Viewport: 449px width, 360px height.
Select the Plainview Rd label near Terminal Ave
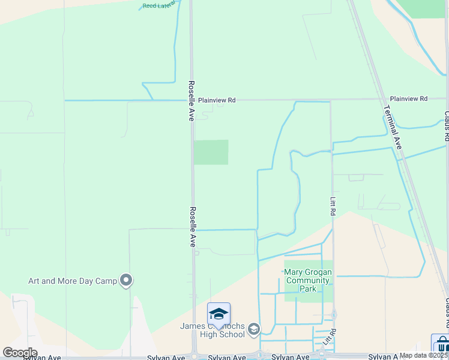pos(408,98)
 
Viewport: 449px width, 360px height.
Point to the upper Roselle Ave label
pos(191,101)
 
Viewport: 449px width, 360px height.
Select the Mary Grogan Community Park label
pos(307,280)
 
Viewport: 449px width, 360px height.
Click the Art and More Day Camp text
pos(73,281)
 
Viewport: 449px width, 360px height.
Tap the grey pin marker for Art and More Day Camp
pos(126,280)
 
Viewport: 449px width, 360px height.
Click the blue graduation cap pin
pos(218,314)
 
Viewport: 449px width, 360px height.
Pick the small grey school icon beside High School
pos(254,328)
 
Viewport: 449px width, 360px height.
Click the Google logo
pos(19,353)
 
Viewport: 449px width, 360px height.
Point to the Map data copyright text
pos(424,355)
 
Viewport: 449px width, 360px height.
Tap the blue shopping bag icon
pos(442,344)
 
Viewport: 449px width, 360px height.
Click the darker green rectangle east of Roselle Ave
pos(211,152)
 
